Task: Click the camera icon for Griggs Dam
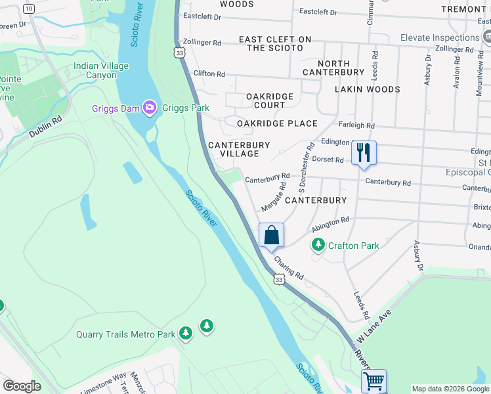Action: [x=149, y=108]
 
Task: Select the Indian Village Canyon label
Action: [x=101, y=70]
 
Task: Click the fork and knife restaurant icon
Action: [x=364, y=153]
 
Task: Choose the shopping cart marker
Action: [x=374, y=380]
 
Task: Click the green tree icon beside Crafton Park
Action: [x=318, y=246]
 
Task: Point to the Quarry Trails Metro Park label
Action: [x=126, y=334]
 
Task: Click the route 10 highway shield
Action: [x=28, y=9]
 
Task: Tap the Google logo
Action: [x=22, y=385]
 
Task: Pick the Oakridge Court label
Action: [x=270, y=100]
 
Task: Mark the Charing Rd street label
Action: [x=289, y=267]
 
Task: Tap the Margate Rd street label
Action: [x=273, y=196]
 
